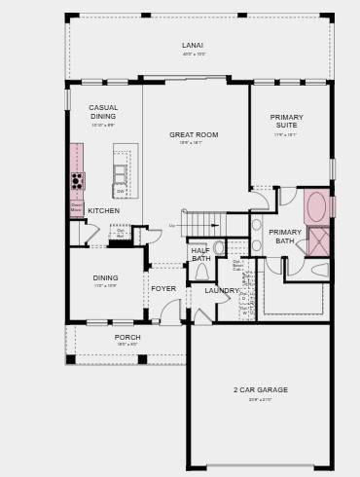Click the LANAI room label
[193, 46]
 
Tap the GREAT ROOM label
[194, 135]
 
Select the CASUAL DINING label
[103, 112]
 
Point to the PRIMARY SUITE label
[287, 122]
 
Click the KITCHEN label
[104, 210]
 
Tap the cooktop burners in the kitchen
[77, 181]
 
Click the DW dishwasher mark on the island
[121, 192]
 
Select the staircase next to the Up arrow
[205, 224]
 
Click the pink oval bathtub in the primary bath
[316, 206]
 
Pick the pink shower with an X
[318, 241]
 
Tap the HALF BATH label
[200, 254]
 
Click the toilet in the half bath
[201, 273]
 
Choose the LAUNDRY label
[222, 290]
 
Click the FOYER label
[163, 288]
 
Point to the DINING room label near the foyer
[105, 278]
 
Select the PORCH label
[127, 338]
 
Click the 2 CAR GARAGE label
[260, 390]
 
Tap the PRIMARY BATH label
[285, 237]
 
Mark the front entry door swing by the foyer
[170, 313]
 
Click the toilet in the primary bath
[320, 270]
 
